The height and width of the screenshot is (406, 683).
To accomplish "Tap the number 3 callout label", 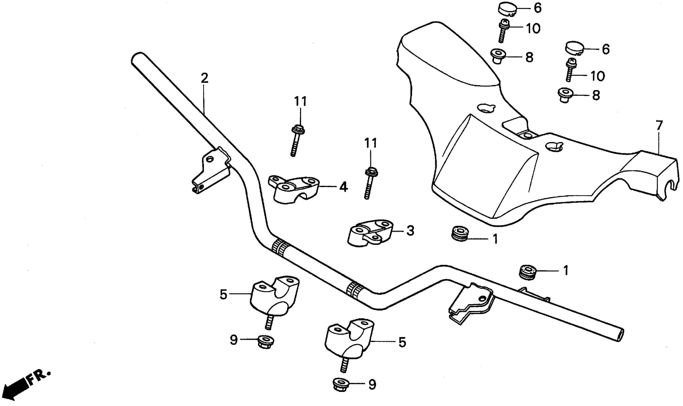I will pos(410,231).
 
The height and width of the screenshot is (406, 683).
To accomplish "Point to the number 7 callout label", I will pos(659,126).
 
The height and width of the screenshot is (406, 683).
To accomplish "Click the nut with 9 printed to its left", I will pos(265,342).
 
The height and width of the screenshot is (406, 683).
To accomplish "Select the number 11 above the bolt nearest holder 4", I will pos(301,101).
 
